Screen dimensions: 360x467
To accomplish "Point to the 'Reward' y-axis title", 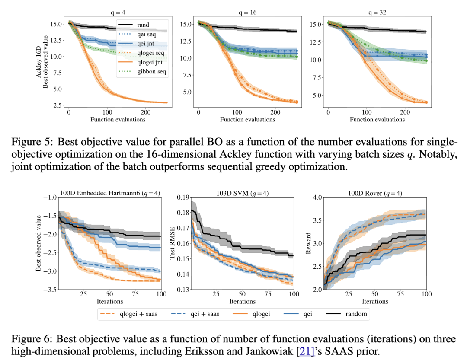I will [309, 243].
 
